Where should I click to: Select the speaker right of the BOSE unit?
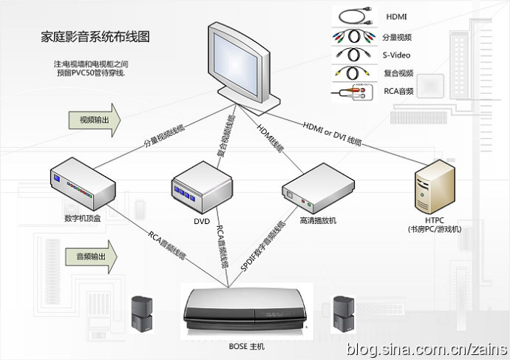coord(341,313)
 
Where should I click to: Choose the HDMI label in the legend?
coord(396,16)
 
